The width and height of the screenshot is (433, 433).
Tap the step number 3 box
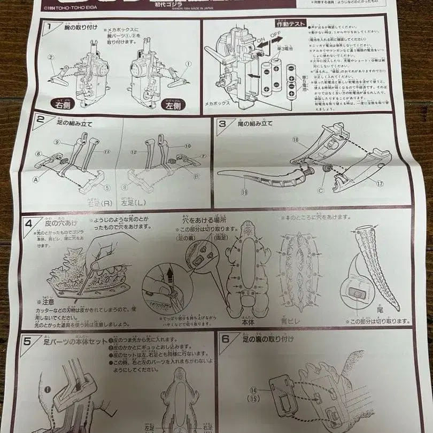click(x=223, y=122)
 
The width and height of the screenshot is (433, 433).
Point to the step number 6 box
click(x=226, y=338)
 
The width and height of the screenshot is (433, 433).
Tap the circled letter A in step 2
click(x=36, y=180)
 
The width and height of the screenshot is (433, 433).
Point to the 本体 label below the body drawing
click(x=248, y=323)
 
